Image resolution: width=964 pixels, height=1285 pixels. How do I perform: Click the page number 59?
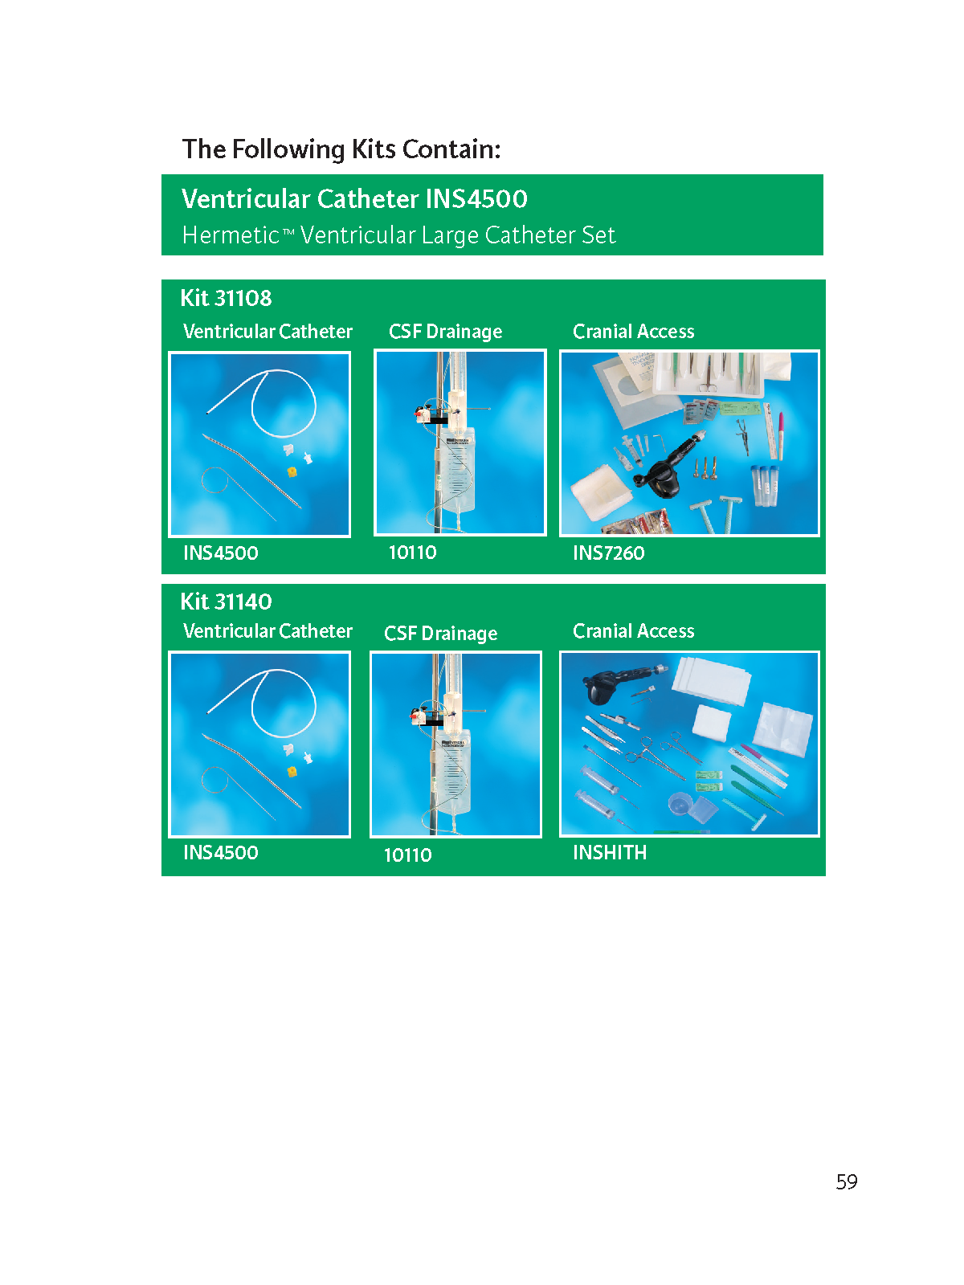pos(846,1181)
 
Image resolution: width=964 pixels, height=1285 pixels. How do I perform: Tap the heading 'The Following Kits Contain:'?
pos(341,149)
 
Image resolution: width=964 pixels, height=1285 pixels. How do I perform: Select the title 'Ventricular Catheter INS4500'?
pos(354,198)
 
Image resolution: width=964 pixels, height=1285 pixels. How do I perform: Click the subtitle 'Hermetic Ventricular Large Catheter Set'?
pos(398,235)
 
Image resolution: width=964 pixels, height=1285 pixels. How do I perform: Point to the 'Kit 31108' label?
pos(226,298)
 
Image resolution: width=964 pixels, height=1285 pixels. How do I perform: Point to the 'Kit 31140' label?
pos(226,602)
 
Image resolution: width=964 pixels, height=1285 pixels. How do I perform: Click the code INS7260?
pos(608,553)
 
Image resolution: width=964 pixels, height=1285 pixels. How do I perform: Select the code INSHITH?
pos(609,852)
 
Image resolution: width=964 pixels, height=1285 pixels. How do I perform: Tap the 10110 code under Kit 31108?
pos(413,552)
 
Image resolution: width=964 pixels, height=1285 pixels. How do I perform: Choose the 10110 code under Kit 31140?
pos(407,855)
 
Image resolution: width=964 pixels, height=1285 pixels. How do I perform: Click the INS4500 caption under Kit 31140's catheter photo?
pos(220,852)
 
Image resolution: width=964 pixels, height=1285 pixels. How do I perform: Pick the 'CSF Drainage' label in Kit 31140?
pos(440,634)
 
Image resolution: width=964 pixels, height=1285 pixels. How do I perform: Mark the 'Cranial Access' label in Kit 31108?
pos(633,332)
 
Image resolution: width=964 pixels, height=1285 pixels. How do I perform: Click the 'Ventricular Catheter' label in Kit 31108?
pos(268,332)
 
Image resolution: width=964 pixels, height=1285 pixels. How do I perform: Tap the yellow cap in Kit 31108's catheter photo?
pos(292,471)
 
